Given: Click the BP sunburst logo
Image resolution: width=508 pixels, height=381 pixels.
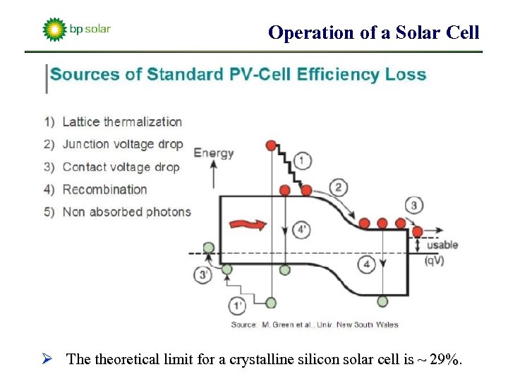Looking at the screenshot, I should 54,30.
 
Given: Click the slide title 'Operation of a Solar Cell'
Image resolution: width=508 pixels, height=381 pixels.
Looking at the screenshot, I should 374,32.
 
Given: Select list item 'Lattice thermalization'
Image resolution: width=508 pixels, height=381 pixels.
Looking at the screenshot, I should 121,122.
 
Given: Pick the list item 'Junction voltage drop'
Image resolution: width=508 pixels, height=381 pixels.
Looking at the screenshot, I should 122,144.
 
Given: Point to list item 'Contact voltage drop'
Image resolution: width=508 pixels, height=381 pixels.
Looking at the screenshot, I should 121,167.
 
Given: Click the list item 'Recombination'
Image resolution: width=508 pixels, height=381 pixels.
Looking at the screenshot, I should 104,189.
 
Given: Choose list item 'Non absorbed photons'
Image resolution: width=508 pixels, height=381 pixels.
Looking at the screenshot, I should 126,212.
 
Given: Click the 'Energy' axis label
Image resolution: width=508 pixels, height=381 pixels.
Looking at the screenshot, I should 213,153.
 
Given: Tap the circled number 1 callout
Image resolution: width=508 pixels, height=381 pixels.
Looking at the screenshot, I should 301,162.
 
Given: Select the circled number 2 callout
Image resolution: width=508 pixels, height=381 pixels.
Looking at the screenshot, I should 339,187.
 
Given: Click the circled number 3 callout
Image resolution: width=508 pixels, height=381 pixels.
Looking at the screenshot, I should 415,206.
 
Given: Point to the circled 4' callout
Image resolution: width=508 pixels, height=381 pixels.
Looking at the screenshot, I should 301,229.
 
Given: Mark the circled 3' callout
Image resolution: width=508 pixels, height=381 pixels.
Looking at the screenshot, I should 203,275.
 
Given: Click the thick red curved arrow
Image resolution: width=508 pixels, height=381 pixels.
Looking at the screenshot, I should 250,224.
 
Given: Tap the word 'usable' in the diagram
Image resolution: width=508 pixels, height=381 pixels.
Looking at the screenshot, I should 442,245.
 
